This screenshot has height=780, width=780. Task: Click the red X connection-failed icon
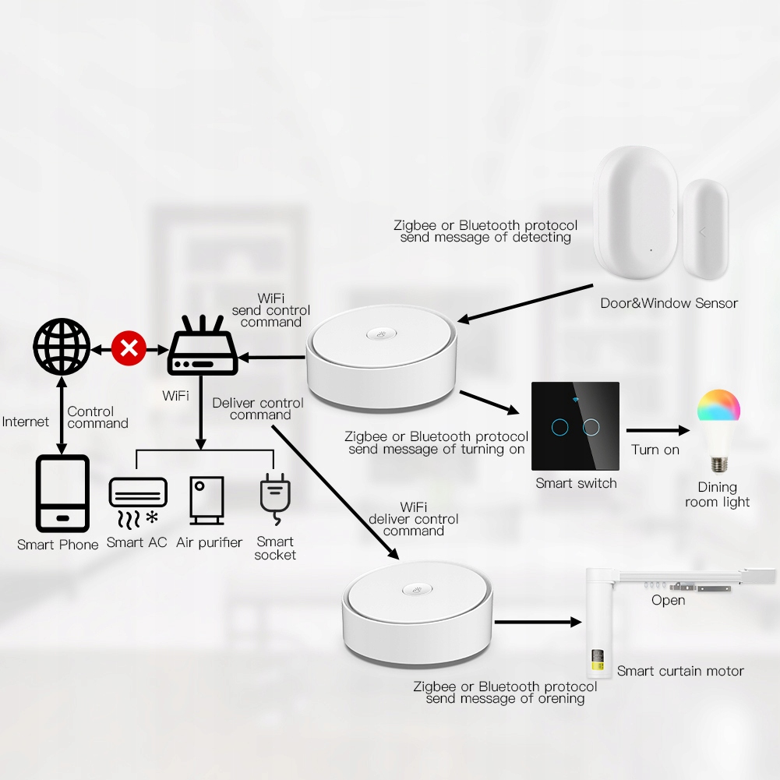[129, 348]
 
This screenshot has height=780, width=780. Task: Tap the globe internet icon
[62, 347]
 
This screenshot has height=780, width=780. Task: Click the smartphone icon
[62, 493]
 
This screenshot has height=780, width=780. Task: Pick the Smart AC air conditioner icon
[138, 503]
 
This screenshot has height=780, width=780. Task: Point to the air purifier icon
[207, 500]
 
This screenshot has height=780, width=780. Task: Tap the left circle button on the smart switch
[560, 427]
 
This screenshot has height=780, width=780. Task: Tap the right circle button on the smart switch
[591, 427]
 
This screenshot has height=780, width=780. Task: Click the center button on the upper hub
[382, 334]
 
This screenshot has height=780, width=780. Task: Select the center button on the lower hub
[417, 590]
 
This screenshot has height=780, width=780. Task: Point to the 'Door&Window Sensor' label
[669, 303]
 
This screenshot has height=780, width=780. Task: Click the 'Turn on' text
[655, 450]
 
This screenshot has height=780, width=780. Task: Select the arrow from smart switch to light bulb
[658, 430]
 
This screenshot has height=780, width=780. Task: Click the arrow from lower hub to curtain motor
[538, 622]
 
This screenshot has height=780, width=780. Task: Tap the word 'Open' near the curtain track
[668, 601]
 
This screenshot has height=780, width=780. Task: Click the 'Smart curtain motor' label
[680, 671]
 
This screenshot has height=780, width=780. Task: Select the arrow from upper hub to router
[272, 357]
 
